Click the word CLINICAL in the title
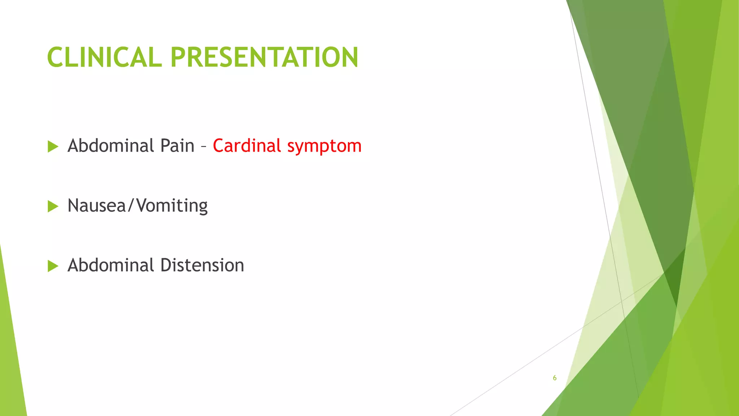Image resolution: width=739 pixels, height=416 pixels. [104, 57]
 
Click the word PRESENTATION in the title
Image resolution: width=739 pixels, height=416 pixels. [264, 57]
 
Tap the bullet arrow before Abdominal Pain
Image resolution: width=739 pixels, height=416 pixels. [53, 147]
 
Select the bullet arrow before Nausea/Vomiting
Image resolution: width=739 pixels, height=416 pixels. [53, 207]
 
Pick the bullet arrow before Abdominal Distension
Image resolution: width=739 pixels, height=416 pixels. [53, 266]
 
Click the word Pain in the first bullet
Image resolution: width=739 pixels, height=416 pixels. [177, 146]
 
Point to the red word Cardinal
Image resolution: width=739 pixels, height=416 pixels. [247, 146]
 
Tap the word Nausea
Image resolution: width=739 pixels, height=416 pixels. [96, 206]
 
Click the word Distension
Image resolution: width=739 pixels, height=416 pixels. [202, 265]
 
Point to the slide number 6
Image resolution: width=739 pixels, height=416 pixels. [555, 378]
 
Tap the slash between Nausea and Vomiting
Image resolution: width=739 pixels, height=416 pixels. [131, 206]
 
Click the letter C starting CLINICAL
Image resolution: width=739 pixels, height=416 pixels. [56, 57]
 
